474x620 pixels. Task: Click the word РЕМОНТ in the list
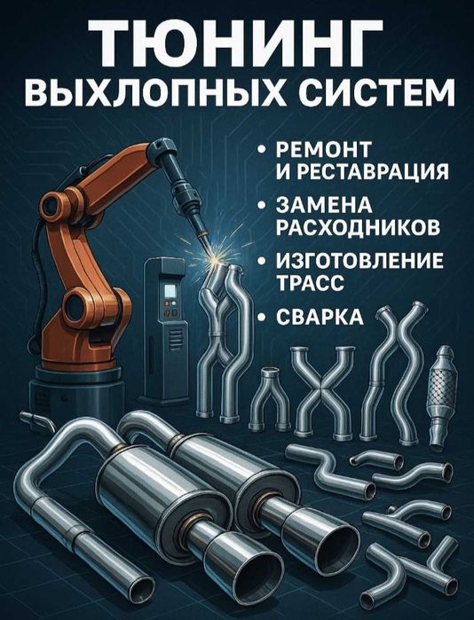[323, 149]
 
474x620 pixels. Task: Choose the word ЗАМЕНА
[324, 205]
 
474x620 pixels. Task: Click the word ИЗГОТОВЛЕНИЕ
[359, 261]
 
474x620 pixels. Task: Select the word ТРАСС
[310, 283]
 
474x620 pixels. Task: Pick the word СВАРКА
[320, 317]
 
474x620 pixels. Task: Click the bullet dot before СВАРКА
[261, 318]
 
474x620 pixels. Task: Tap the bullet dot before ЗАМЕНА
[261, 205]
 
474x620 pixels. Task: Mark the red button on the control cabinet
[167, 303]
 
